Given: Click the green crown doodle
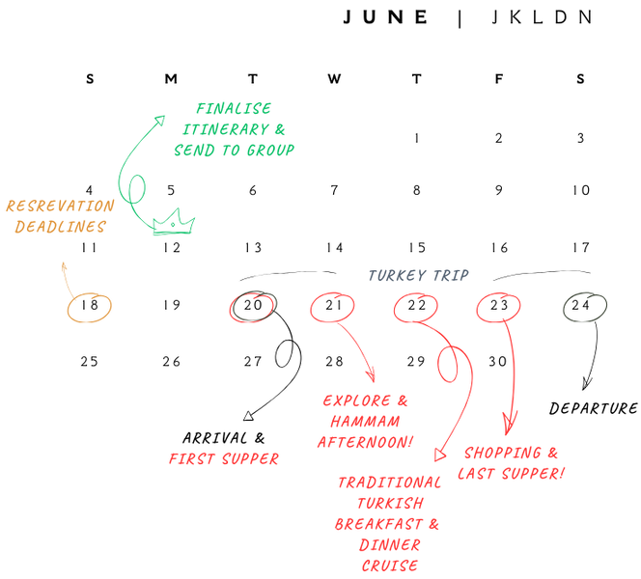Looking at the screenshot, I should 173,223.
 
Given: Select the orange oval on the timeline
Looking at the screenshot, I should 89,308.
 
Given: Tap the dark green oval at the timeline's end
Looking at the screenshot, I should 585,308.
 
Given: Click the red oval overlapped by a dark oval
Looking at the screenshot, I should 252,307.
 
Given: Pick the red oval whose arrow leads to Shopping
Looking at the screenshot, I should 499,308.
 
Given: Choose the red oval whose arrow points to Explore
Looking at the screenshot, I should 332,308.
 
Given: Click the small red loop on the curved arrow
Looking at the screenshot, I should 447,365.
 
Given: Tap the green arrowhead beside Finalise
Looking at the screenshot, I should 161,119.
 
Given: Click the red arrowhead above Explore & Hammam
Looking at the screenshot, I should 370,376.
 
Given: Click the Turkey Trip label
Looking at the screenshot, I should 418,276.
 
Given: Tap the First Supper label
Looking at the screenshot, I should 223,458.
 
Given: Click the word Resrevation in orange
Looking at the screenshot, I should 60,206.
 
